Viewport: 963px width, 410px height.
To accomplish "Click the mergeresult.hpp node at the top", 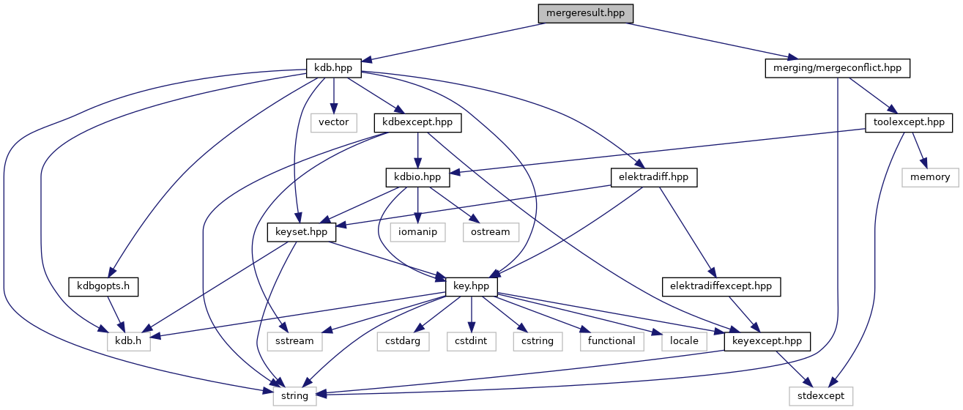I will [x=584, y=14].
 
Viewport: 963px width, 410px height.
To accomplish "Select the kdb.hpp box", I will [x=333, y=68].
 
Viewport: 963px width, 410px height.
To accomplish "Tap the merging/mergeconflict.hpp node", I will [x=837, y=68].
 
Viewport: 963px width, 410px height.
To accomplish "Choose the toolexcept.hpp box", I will [x=908, y=122].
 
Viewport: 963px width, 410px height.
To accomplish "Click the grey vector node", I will [x=333, y=122].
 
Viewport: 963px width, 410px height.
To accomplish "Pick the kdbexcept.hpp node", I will [x=417, y=122].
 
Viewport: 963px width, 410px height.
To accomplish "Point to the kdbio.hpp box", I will [x=417, y=177].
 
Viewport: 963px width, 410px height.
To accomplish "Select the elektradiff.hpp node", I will [x=653, y=177].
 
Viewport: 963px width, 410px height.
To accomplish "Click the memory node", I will [x=930, y=177].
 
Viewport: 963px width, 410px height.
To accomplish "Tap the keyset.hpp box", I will [x=301, y=232].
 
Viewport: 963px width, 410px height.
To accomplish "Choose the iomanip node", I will [x=417, y=232].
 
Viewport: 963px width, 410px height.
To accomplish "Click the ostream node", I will [x=490, y=232].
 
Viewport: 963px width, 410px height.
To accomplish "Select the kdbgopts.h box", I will [x=103, y=286].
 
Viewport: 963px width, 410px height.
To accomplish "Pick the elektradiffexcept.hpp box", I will [x=721, y=286].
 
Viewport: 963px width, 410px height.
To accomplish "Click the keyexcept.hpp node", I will [x=767, y=341].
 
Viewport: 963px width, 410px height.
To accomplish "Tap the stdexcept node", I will [x=821, y=395].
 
